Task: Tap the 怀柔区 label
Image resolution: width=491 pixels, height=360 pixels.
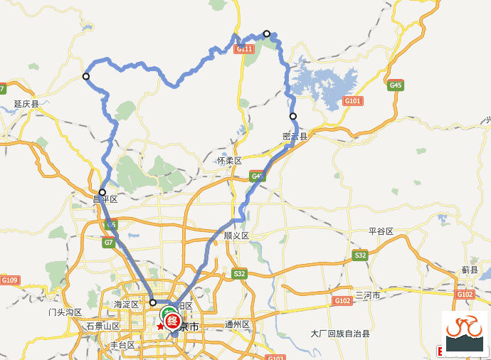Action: coord(230,162)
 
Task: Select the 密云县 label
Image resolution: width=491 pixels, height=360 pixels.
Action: coord(295,136)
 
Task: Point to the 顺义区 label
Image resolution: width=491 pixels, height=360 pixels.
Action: coord(236,235)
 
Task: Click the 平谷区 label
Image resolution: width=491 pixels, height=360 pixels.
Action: coord(381,232)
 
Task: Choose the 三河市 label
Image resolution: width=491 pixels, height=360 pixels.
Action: coord(368,295)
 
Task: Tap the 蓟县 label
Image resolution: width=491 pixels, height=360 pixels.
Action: coord(470,270)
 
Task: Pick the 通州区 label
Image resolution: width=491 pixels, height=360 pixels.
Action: coord(237,324)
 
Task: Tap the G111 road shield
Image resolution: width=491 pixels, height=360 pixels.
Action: coord(244,49)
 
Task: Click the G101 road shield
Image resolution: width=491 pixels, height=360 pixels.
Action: coord(353,101)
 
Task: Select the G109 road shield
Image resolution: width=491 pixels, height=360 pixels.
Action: coord(9,280)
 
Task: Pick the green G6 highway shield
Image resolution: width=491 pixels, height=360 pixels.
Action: coord(111,225)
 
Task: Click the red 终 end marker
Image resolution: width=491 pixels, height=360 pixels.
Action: coord(172,321)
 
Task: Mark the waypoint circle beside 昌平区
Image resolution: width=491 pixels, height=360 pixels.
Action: coord(102,192)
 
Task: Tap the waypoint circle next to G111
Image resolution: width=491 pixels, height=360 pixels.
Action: coord(267,33)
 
